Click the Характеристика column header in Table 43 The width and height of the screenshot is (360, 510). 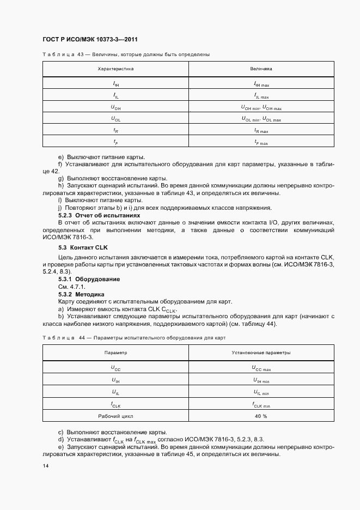coord(115,69)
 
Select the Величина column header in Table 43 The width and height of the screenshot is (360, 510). coord(261,69)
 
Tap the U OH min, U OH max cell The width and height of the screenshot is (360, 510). coord(261,107)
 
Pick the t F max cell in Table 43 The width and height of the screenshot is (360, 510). coord(261,142)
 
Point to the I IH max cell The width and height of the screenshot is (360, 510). coord(261,84)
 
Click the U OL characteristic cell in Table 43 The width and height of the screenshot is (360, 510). coord(115,119)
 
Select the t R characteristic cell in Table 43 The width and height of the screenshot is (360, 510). coord(115,131)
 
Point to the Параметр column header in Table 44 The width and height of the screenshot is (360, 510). coord(115,353)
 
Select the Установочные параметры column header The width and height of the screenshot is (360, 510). coord(261,353)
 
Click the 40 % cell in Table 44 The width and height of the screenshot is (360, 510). coord(261,416)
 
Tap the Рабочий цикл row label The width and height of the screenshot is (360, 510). coord(115,416)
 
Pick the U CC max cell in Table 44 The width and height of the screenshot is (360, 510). coord(261,368)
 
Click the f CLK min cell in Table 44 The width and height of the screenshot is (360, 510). coord(261,404)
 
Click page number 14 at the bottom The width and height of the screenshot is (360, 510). coord(45,467)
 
